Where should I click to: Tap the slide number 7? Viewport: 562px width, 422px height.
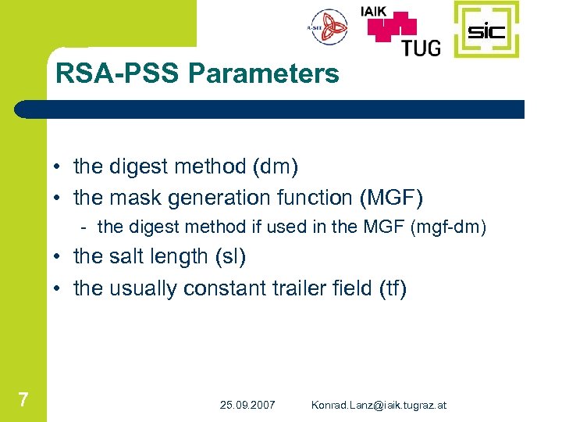(x=23, y=401)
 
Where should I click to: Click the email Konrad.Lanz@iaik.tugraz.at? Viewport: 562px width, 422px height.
(x=379, y=405)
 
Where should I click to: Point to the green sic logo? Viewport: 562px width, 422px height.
(x=486, y=31)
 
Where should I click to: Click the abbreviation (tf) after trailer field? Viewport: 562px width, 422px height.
(x=392, y=288)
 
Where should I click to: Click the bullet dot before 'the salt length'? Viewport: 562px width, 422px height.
(x=59, y=257)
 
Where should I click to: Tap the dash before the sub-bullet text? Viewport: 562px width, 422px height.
(x=83, y=227)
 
